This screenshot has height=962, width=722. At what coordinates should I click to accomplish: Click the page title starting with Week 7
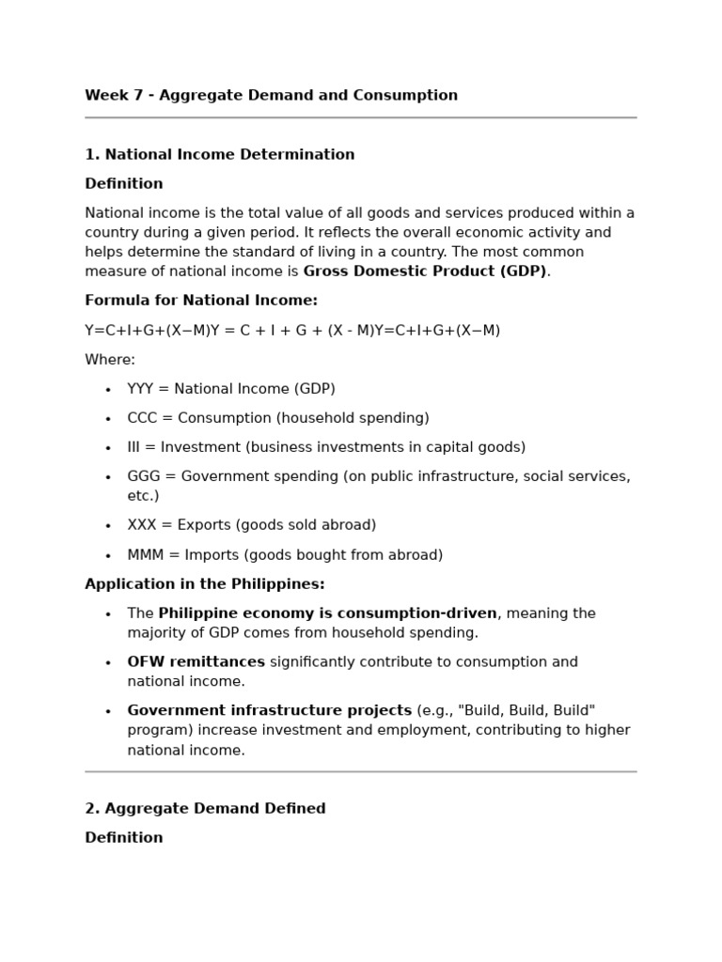coord(271,95)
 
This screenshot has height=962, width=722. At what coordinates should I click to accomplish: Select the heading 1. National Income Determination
coord(219,154)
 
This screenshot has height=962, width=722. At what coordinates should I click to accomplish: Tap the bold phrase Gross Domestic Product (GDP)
coord(424,272)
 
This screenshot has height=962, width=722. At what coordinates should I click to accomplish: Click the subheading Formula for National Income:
coord(201,301)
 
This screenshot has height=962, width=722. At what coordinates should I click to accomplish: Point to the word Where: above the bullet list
coord(110,359)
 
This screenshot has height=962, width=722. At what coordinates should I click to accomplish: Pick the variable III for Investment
coord(136,447)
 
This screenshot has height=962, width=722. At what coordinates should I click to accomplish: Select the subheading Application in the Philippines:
coord(204,584)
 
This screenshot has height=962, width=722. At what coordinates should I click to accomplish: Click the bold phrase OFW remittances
coord(196,662)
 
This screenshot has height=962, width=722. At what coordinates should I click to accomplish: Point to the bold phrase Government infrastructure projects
coord(269,711)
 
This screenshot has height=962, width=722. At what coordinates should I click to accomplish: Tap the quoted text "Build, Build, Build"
coord(526,711)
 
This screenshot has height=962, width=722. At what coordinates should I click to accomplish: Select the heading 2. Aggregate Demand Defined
coord(205,809)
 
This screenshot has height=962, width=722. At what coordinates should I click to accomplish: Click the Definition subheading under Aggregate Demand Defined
coord(123,838)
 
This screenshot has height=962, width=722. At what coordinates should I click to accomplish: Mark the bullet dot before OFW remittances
coord(108,663)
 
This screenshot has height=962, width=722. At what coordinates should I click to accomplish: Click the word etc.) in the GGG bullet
coord(143,496)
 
